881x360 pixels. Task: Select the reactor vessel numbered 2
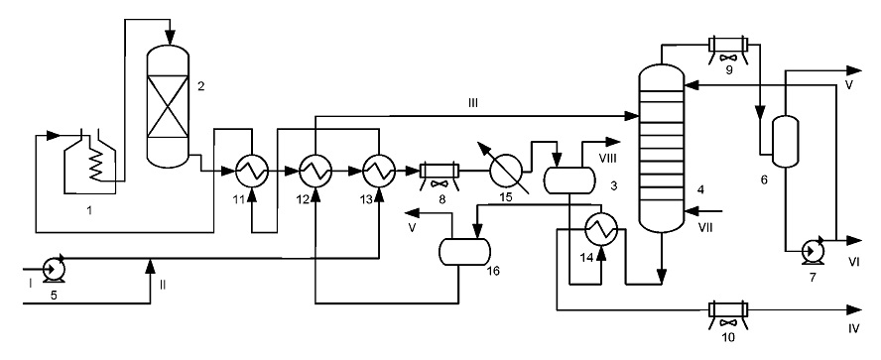pyautogui.click(x=168, y=107)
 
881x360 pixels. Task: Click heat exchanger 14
pyautogui.click(x=602, y=228)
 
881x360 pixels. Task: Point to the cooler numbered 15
pyautogui.click(x=506, y=169)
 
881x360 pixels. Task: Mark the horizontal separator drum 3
pyautogui.click(x=569, y=180)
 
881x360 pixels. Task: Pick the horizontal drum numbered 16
pyautogui.click(x=463, y=252)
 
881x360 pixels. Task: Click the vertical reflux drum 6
pyautogui.click(x=785, y=142)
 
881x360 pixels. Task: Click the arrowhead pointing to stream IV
pyautogui.click(x=854, y=310)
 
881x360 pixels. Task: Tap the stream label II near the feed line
pyautogui.click(x=163, y=285)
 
